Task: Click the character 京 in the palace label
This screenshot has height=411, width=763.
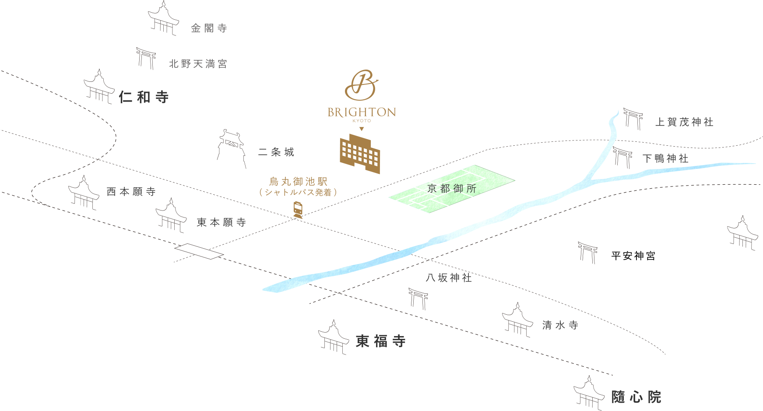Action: click(432, 189)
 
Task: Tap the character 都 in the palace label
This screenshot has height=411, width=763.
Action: click(445, 189)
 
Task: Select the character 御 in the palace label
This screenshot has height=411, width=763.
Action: click(458, 189)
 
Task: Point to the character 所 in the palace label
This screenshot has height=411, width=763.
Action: click(471, 189)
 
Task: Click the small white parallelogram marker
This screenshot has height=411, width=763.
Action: click(199, 251)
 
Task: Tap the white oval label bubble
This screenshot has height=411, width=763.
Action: click(635, 257)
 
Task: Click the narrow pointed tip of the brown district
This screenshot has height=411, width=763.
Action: click(299, 216)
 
